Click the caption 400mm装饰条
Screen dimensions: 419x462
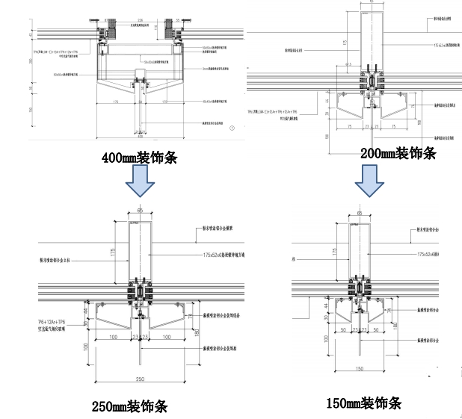pos(141,158)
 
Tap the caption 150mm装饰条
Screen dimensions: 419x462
pos(363,403)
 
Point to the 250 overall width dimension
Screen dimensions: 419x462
pos(139,379)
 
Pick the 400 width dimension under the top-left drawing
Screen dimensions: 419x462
pos(139,136)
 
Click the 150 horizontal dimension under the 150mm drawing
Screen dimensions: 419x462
pos(360,368)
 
